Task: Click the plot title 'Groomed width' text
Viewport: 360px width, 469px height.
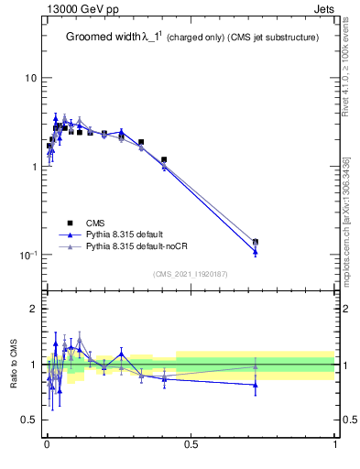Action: click(102, 38)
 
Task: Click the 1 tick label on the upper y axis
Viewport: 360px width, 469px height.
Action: click(33, 167)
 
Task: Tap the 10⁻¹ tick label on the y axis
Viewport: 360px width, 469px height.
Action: click(28, 255)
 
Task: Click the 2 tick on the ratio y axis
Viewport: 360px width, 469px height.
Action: click(33, 310)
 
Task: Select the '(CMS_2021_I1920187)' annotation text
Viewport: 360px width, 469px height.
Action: click(191, 273)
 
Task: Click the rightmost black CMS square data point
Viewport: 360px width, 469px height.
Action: click(255, 242)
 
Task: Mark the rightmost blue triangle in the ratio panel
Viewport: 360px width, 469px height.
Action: click(255, 385)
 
